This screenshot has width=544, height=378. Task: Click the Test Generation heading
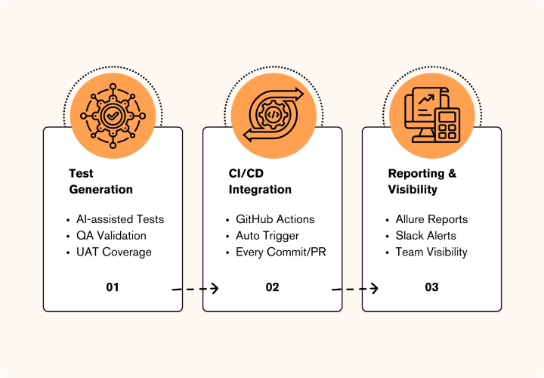pyautogui.click(x=100, y=181)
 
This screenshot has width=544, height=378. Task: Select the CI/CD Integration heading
pyautogui.click(x=260, y=181)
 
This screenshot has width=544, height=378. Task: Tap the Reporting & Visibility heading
pyautogui.click(x=422, y=181)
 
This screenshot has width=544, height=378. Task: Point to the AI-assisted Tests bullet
pyautogui.click(x=119, y=219)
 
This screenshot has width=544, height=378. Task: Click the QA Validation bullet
pyautogui.click(x=111, y=236)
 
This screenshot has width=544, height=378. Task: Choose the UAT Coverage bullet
pyautogui.click(x=113, y=252)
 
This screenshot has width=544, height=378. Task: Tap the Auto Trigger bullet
pyautogui.click(x=267, y=236)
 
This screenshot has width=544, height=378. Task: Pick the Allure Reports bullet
pyautogui.click(x=431, y=219)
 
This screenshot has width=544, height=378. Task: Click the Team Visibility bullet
pyautogui.click(x=431, y=252)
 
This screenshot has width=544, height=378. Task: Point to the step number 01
pyautogui.click(x=113, y=287)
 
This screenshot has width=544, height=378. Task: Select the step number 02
pyautogui.click(x=272, y=287)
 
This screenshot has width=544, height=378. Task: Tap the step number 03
pyautogui.click(x=431, y=287)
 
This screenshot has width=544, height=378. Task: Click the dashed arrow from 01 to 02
pyautogui.click(x=195, y=288)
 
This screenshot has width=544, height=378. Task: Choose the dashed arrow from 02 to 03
pyautogui.click(x=354, y=288)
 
